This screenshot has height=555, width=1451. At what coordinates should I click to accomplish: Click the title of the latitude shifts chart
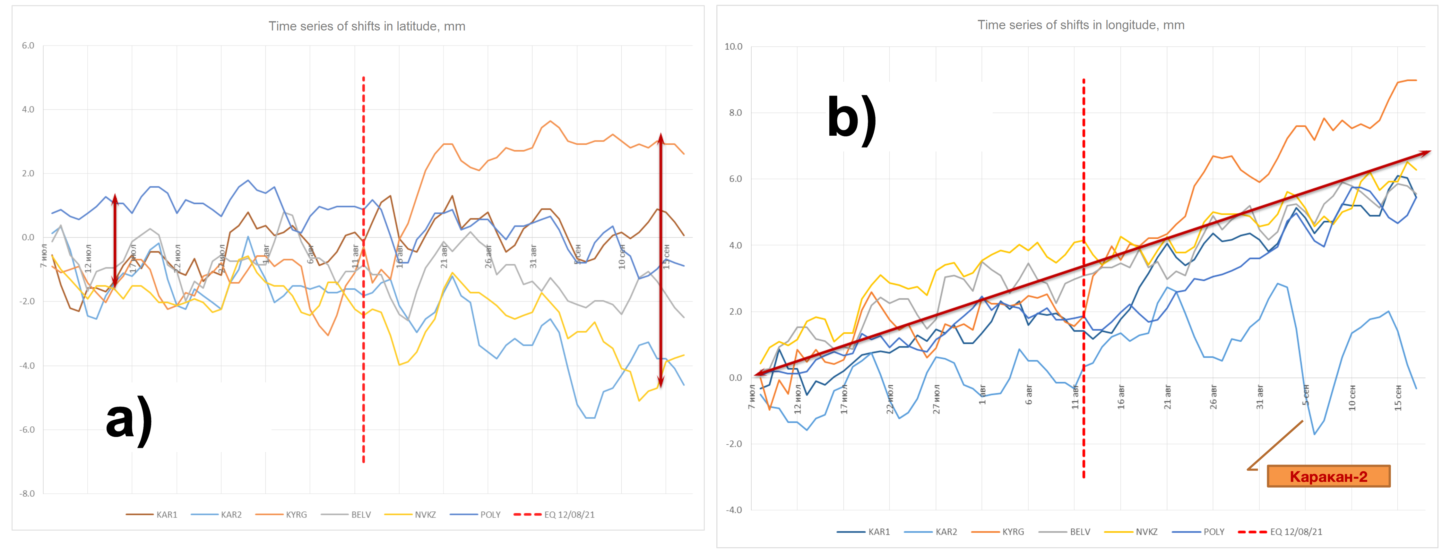[367, 26]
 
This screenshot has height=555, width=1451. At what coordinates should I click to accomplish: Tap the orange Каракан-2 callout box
[1328, 476]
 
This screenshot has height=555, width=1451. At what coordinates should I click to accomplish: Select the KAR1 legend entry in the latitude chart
[152, 515]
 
